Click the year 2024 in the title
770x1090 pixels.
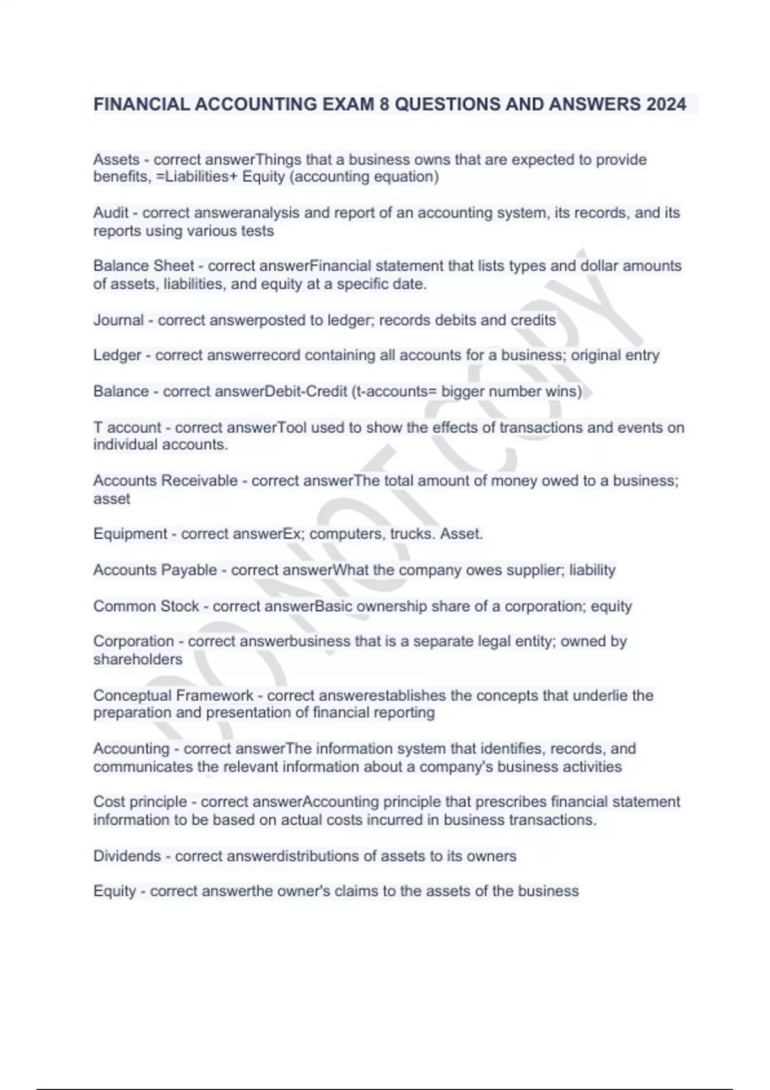point(666,105)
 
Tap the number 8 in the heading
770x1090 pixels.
point(384,105)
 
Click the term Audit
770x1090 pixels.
point(111,213)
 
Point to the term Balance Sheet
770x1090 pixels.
point(144,266)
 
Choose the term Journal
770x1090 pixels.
point(119,320)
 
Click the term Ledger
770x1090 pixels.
point(117,355)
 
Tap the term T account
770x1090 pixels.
point(127,428)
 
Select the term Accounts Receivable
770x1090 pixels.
point(165,481)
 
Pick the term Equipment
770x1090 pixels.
point(130,534)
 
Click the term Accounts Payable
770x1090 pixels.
point(155,570)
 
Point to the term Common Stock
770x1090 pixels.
point(146,607)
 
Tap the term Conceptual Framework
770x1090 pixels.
point(173,696)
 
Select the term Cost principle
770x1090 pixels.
point(140,802)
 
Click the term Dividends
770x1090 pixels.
point(127,856)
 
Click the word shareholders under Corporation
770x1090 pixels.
point(138,659)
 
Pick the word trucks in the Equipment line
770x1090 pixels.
point(411,534)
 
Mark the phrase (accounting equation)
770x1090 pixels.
point(364,177)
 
